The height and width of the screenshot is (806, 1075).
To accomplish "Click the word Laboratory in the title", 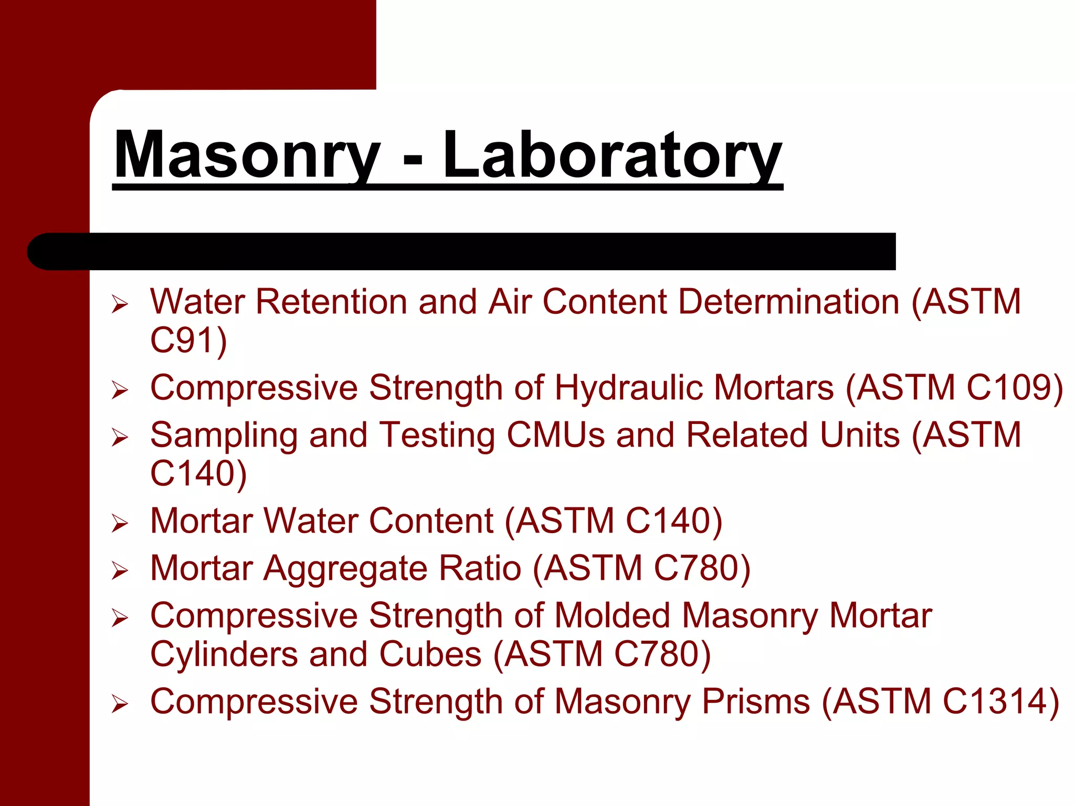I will coord(612,156).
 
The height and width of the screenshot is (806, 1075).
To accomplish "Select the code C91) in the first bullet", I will coord(188,341).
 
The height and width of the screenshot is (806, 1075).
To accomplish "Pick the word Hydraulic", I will coord(628,388).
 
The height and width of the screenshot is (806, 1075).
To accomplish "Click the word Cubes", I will coord(430,655).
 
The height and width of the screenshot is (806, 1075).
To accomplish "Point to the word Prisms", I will coord(756,702).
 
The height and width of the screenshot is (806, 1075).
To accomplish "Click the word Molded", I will coord(613,616).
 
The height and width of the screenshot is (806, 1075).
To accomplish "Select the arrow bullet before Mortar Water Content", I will coord(120,523).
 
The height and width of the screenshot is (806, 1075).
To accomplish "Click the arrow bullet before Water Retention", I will coord(120,304).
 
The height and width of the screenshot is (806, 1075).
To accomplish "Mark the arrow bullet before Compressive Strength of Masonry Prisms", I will coord(120,704).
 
